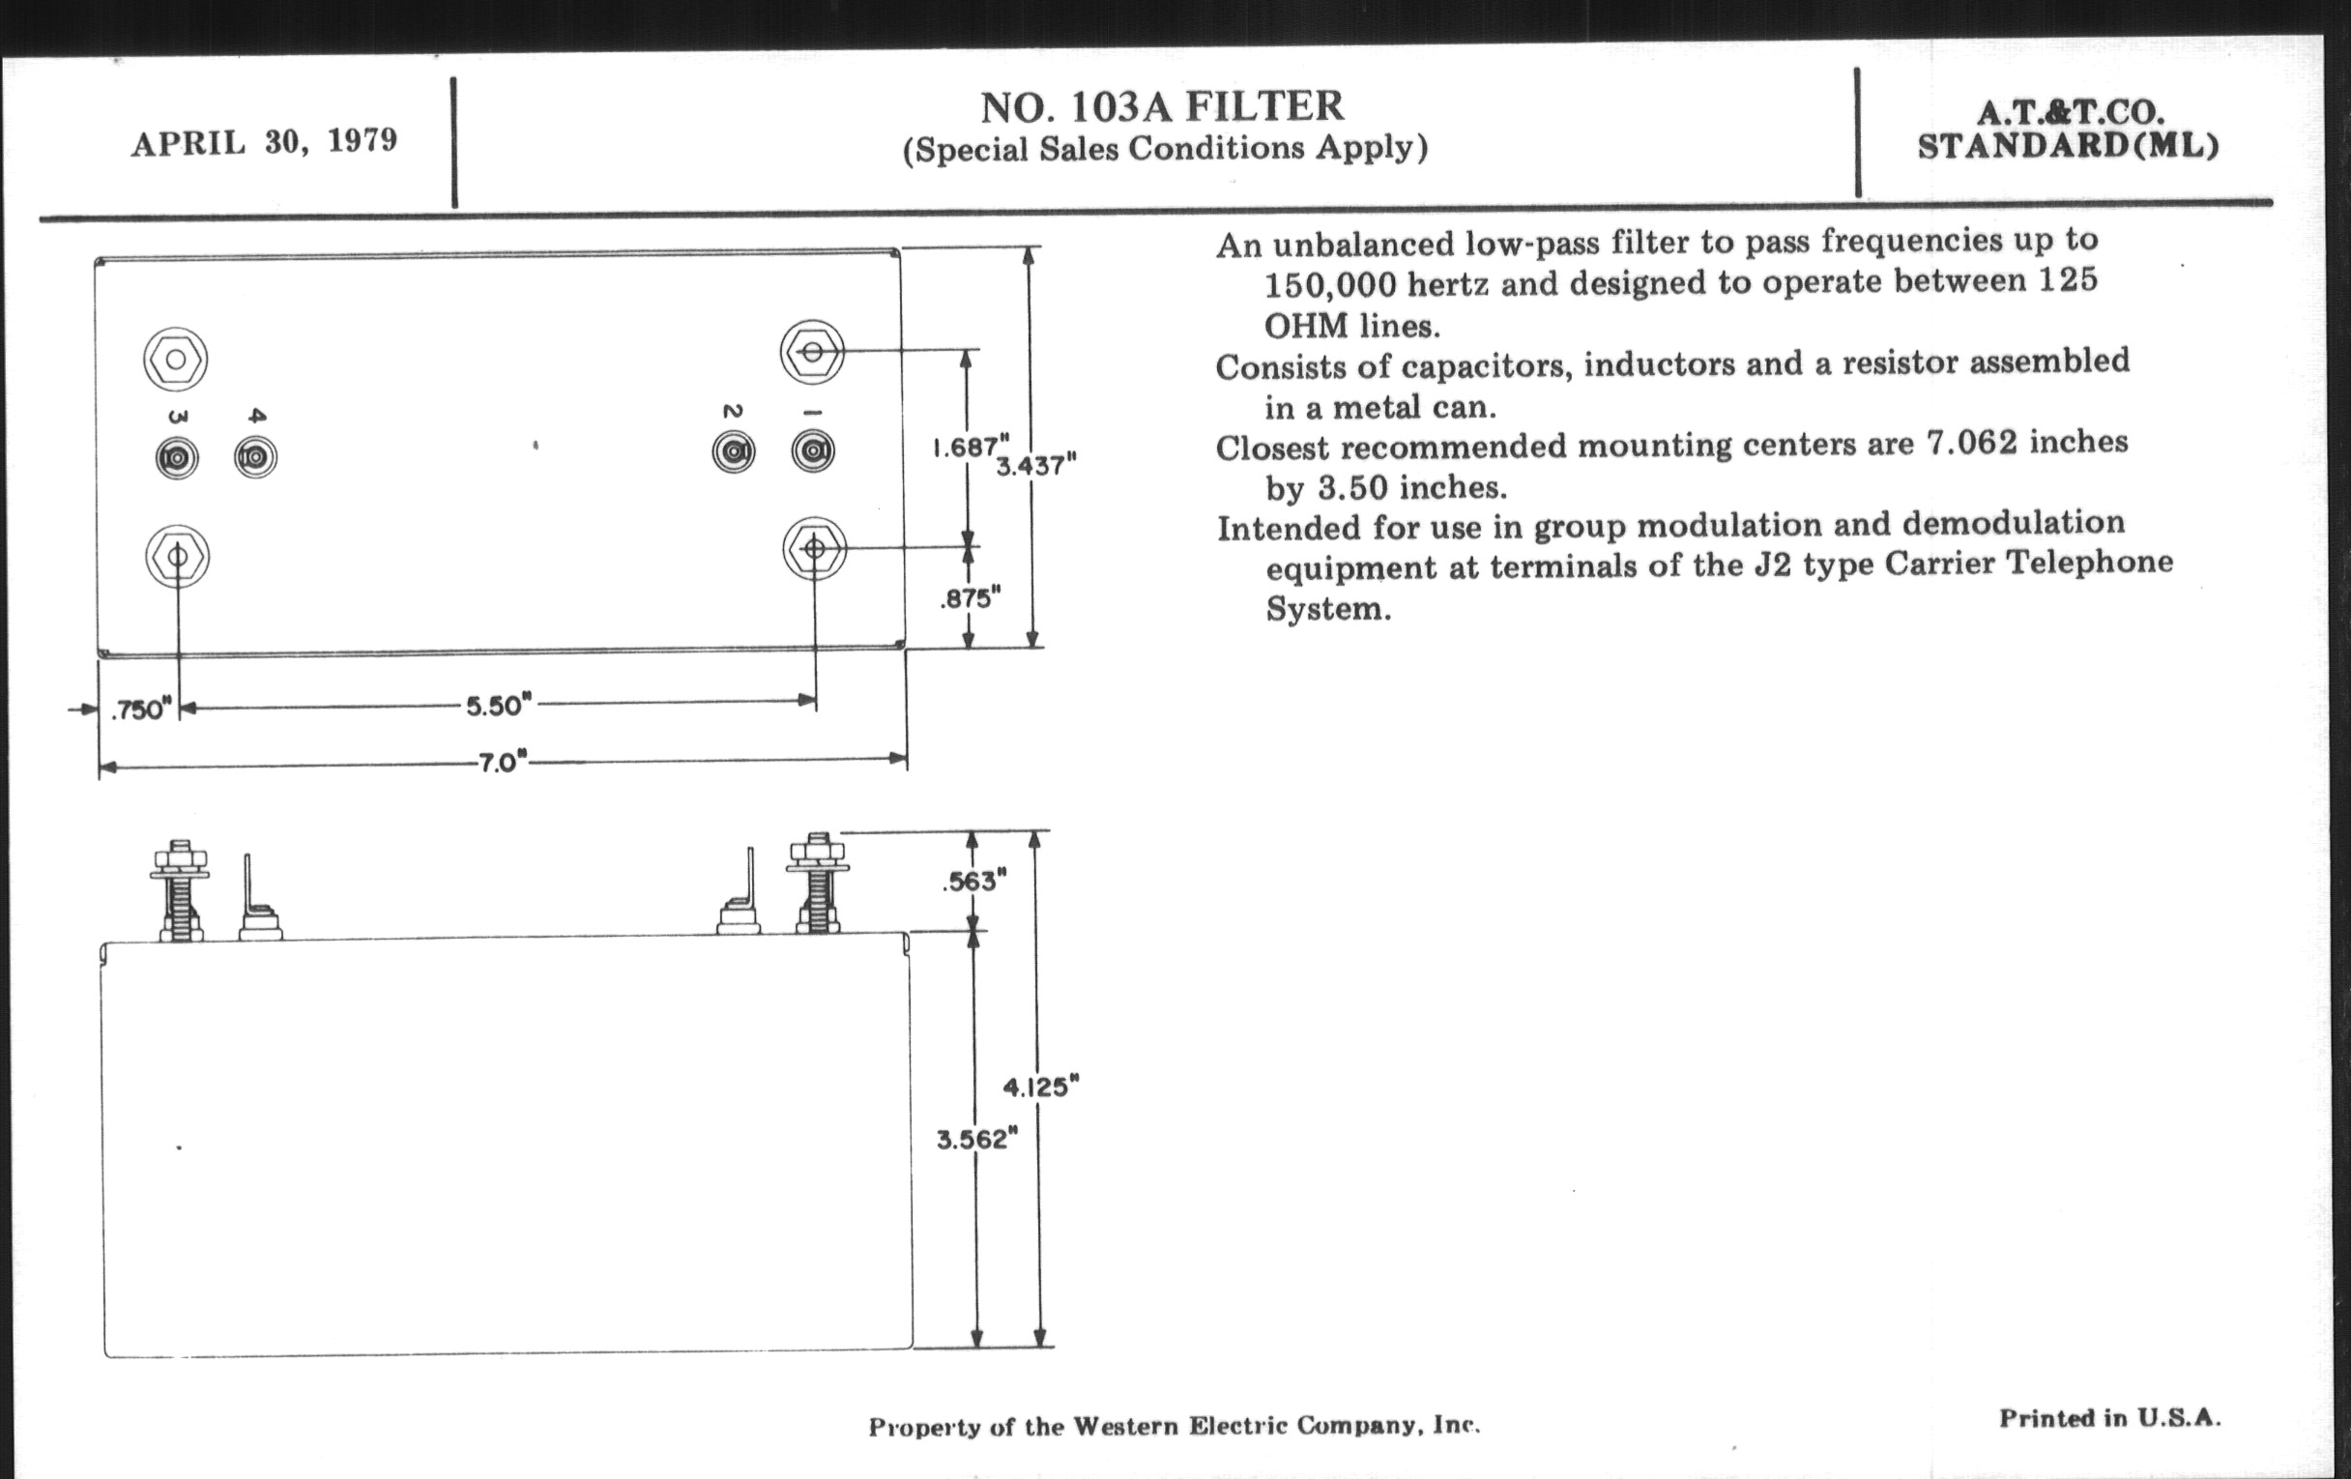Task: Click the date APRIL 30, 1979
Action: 265,142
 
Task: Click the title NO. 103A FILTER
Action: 1162,107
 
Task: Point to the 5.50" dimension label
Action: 499,705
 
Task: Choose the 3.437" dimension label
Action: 1036,466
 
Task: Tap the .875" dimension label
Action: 971,598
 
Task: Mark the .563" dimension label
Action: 974,882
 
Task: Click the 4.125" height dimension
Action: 1041,1087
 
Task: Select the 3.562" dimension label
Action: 977,1140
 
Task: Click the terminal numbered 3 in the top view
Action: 177,457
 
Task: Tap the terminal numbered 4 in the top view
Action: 256,456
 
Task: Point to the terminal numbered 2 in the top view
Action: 733,452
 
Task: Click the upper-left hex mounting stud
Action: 176,360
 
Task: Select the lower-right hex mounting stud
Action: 813,549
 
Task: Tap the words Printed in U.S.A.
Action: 2109,1418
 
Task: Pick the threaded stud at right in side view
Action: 817,884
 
